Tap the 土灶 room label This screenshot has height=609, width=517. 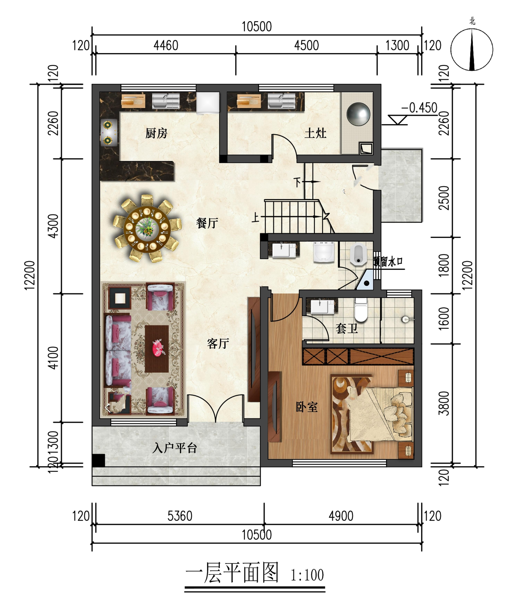[x=315, y=133]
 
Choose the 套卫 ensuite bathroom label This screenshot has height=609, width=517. [x=347, y=329]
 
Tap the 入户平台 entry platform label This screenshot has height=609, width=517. [x=175, y=448]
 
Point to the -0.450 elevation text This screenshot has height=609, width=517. [x=419, y=108]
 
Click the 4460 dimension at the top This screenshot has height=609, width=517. [x=166, y=45]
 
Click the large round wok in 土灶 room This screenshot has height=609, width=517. [x=358, y=114]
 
